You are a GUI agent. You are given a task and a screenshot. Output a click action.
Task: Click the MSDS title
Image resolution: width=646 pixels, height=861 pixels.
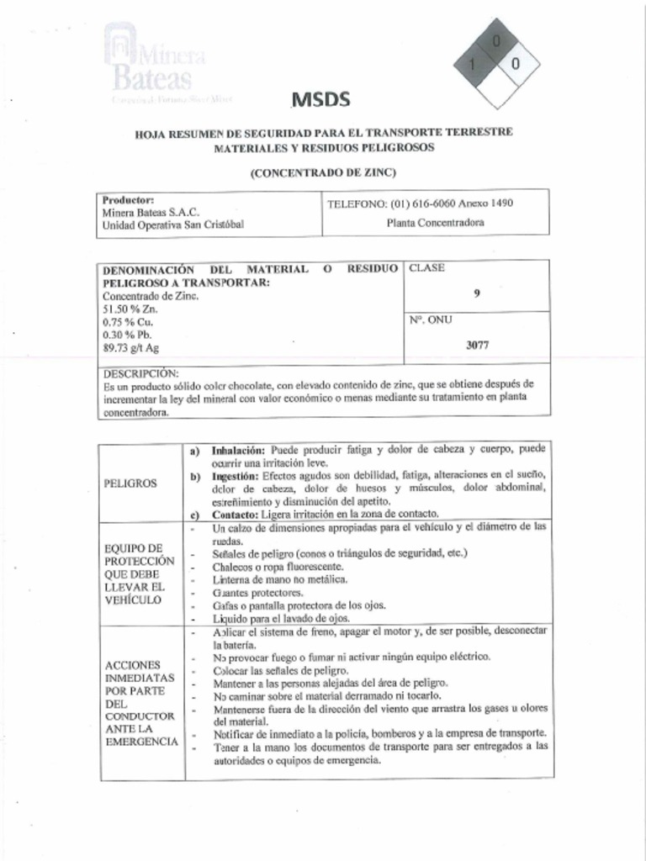click(320, 100)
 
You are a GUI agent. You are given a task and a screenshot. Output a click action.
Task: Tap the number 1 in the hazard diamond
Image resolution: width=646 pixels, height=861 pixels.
click(474, 65)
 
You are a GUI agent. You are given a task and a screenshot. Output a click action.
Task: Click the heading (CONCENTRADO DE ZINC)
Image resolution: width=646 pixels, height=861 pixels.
click(322, 172)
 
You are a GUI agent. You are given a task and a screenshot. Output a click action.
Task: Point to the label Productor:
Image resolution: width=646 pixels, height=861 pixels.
click(128, 200)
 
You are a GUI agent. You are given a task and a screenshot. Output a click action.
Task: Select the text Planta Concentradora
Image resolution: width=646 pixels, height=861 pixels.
click(435, 224)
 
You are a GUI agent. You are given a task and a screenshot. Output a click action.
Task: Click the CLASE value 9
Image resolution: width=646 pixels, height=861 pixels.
click(477, 293)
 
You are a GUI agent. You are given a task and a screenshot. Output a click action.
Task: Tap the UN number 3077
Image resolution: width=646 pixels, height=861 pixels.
click(477, 345)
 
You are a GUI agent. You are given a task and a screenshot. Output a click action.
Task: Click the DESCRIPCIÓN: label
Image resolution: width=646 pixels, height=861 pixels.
click(140, 372)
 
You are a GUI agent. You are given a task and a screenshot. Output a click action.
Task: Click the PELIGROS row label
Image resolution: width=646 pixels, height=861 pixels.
click(130, 483)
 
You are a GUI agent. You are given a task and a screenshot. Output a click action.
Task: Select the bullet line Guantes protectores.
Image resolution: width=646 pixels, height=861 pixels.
click(252, 593)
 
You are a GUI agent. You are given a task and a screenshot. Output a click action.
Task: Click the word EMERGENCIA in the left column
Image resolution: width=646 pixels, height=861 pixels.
click(141, 742)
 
